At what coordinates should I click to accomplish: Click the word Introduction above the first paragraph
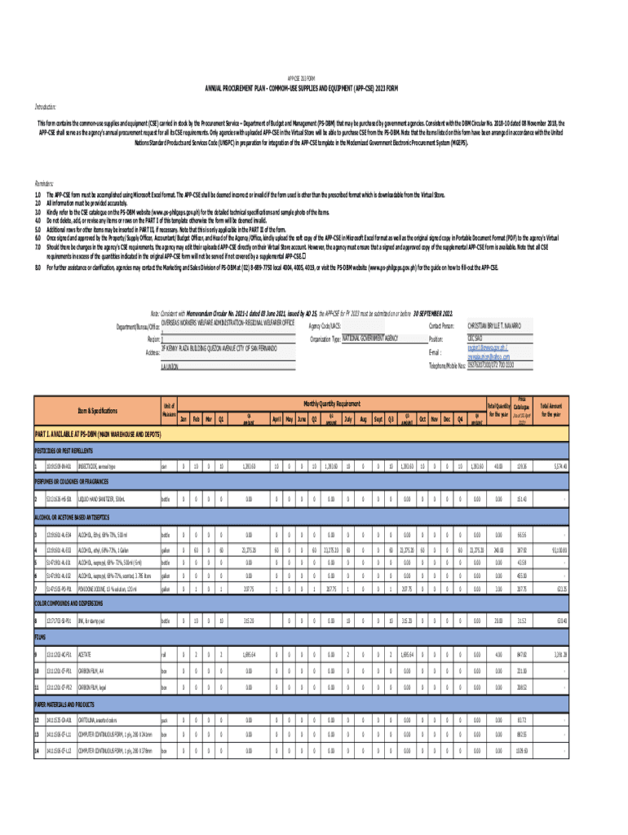point(46,106)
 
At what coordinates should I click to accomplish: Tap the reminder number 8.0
point(38,267)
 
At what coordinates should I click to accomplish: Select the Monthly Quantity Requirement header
point(332,404)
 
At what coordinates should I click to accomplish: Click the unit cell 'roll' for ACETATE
point(165,655)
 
